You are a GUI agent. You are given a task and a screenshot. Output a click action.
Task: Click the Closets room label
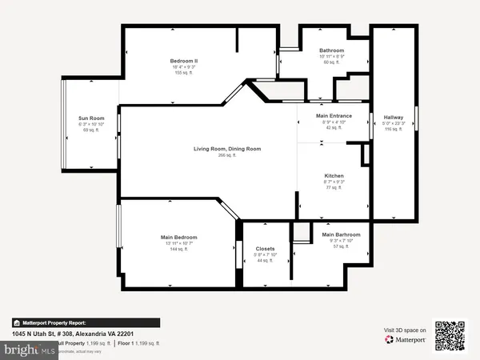[266, 249]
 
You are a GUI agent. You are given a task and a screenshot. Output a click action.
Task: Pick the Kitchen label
[334, 176]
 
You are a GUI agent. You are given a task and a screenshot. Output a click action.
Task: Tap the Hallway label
[393, 117]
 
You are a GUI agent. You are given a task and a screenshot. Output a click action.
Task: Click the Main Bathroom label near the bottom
[342, 235]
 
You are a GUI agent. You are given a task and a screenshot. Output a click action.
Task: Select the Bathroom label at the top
[331, 50]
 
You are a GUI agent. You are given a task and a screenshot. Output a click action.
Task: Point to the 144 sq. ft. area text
[178, 250]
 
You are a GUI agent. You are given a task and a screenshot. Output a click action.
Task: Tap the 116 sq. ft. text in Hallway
[393, 129]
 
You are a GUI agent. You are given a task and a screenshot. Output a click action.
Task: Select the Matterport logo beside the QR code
[403, 339]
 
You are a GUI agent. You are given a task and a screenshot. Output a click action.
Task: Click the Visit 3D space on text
[405, 329]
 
